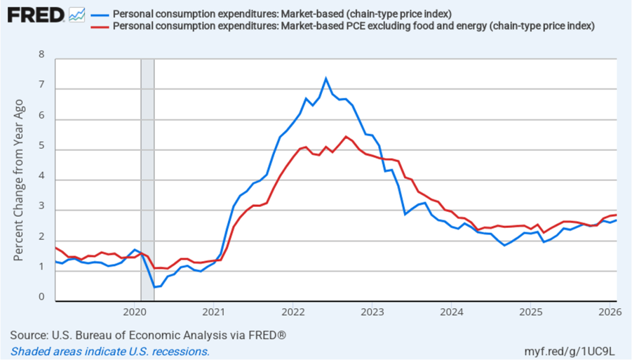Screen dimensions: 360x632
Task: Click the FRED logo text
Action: point(35,14)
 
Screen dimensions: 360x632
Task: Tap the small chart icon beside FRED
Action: point(77,14)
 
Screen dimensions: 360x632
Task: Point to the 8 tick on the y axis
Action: point(42,54)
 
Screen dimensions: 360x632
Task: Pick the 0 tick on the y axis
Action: point(42,298)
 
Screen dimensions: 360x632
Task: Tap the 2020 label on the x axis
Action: point(134,311)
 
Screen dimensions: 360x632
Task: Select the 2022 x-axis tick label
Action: point(292,311)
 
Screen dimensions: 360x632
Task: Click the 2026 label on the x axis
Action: point(609,311)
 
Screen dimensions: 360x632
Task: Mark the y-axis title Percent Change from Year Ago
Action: point(19,179)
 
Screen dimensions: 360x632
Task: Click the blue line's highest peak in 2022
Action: point(326,78)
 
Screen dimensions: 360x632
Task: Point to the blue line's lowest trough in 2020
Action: point(154,288)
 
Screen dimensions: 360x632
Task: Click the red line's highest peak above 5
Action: point(346,136)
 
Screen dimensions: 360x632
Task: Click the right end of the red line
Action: point(616,215)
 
